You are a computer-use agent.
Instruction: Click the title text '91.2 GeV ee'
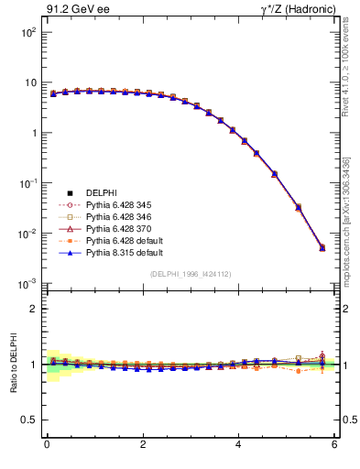[75, 9]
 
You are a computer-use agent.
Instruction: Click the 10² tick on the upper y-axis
[28, 32]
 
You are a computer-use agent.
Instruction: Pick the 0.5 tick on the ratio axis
[27, 420]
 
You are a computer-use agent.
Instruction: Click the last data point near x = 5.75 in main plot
[322, 247]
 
